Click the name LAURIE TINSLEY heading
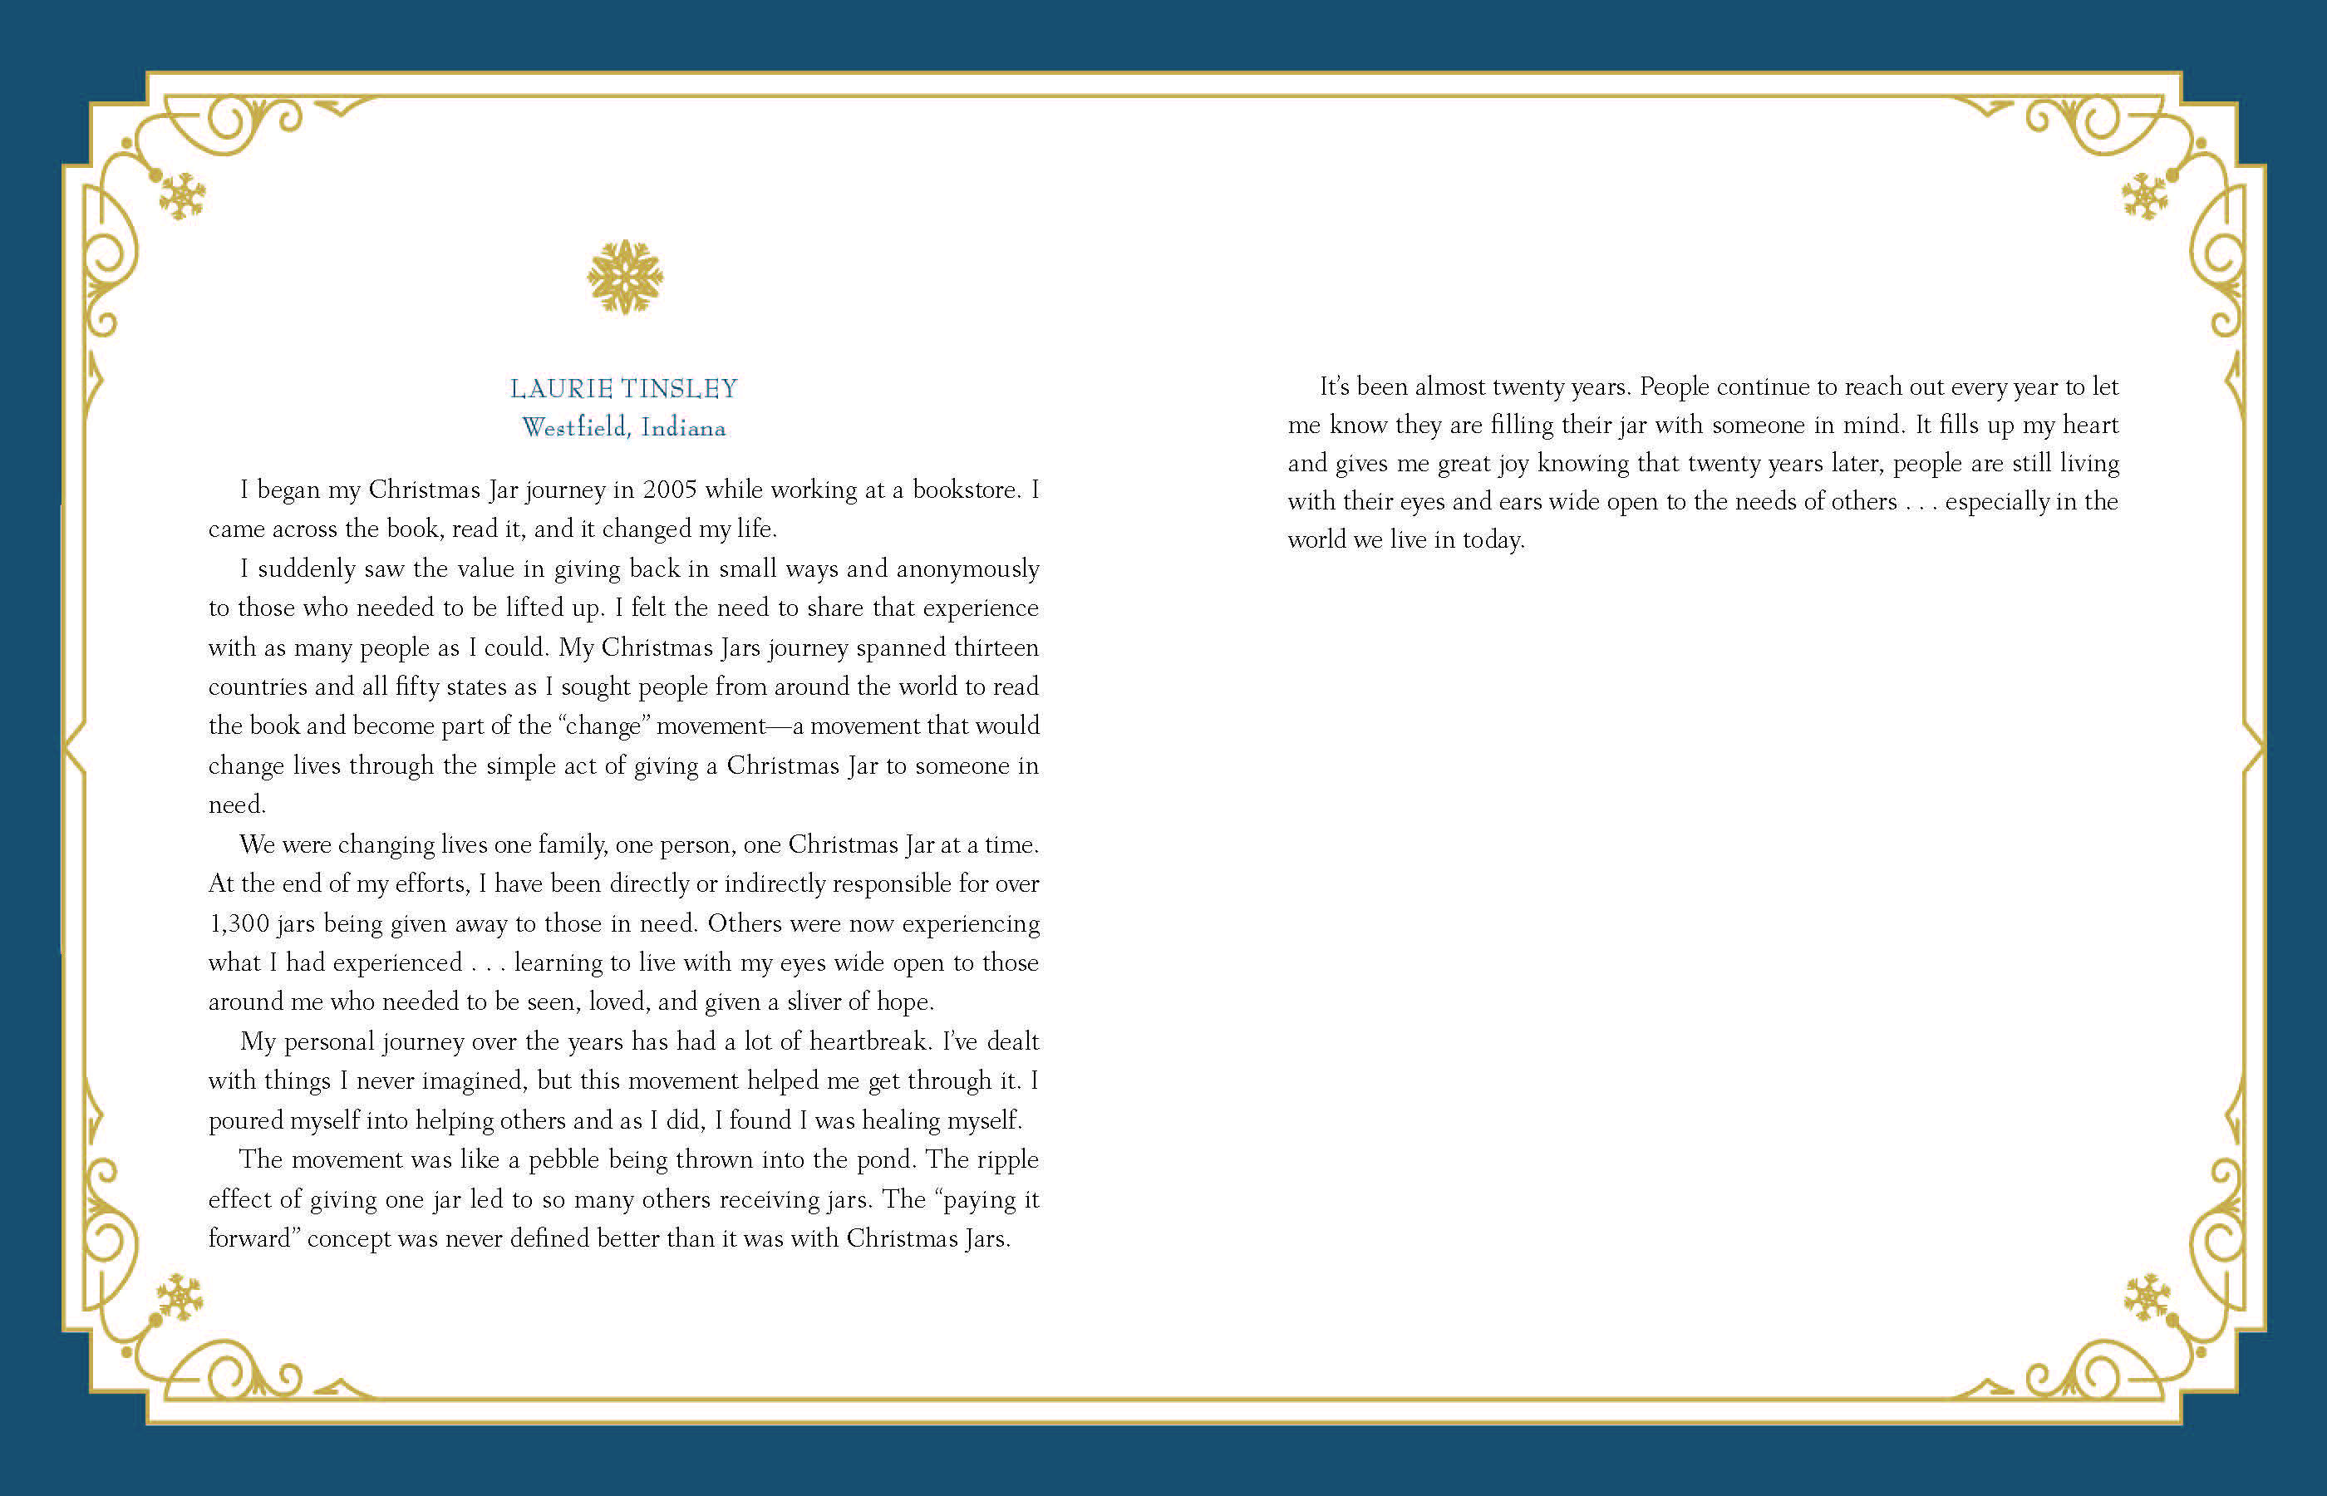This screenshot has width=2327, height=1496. pos(623,389)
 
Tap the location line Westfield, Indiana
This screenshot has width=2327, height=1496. pos(623,427)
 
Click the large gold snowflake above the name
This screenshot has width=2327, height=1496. pos(624,278)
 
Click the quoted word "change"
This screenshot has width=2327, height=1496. pos(603,726)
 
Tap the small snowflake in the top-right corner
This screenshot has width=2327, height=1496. pos(2144,196)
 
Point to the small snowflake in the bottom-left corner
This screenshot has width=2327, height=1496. pos(180,1297)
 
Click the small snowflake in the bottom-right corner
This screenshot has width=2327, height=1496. pos(2147,1297)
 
